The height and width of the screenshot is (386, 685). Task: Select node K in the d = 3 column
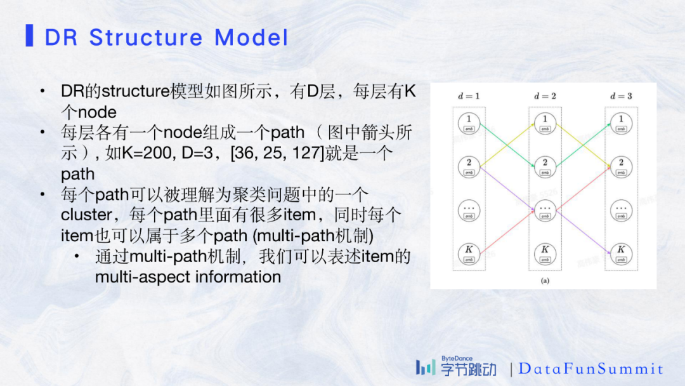coord(621,253)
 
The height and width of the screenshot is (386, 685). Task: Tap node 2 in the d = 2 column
coord(545,166)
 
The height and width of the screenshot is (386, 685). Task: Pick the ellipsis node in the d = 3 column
coord(621,210)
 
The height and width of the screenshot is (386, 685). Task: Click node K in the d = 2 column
coord(545,253)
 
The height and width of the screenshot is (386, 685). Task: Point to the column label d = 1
coord(469,96)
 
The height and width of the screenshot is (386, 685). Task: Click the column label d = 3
coord(621,96)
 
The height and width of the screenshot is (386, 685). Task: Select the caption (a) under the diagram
coord(545,279)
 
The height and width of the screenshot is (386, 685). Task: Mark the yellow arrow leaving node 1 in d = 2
coord(584,143)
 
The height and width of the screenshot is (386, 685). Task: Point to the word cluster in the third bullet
coord(86,215)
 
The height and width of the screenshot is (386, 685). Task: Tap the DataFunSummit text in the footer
coord(590,369)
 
